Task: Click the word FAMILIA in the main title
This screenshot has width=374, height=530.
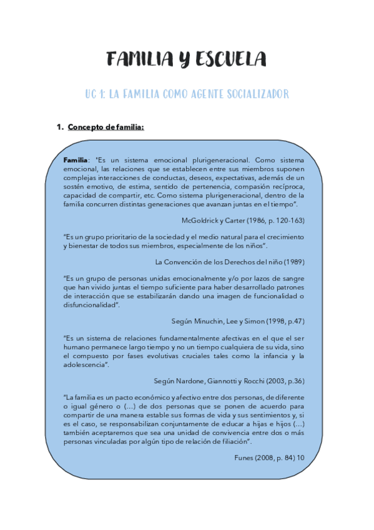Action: pos(139,59)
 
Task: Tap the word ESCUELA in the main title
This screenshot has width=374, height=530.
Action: pos(232,59)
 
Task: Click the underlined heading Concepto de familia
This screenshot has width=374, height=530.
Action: pos(106,127)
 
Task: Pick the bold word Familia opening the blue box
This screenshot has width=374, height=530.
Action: pos(76,161)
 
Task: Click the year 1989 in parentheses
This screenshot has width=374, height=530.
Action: pos(292,261)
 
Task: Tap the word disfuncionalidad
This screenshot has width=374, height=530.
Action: pos(91,305)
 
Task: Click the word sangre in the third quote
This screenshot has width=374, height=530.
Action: pos(292,277)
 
